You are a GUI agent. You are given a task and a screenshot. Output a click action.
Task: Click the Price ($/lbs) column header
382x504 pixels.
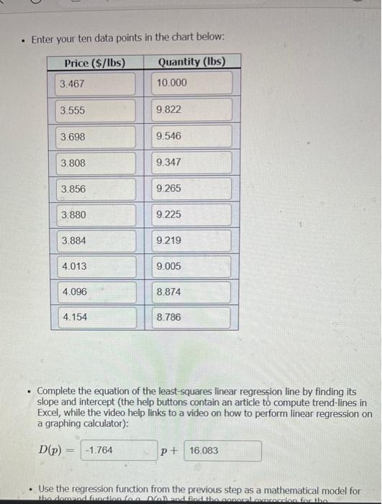[x=95, y=63]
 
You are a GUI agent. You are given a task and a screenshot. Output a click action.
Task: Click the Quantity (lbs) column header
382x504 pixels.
[x=191, y=62]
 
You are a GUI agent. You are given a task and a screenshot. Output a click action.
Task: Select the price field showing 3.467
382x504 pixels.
[x=96, y=84]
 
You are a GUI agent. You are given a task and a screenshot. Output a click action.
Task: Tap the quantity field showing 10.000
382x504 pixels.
[x=192, y=83]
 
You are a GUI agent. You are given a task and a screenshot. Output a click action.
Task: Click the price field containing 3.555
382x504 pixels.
[x=96, y=110]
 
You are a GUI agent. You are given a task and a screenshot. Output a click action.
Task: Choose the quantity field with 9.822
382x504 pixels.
[x=192, y=109]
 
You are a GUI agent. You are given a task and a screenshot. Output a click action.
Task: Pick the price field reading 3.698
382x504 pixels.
[x=96, y=137]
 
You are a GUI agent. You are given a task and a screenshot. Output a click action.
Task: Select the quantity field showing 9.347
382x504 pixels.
[x=192, y=163]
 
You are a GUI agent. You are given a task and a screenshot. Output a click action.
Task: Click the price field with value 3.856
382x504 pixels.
[x=96, y=189]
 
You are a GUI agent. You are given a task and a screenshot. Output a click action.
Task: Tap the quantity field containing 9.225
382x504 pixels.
[x=192, y=215]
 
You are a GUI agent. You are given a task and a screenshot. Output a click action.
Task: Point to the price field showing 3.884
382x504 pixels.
[x=96, y=240]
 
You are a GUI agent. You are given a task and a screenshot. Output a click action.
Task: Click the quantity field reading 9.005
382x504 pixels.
[x=192, y=266]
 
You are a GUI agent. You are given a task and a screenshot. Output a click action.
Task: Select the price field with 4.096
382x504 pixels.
[x=96, y=292]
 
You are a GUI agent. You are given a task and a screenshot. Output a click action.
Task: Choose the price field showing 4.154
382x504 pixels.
[x=96, y=318]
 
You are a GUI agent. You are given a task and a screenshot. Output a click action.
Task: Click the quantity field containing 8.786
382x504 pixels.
[x=192, y=317]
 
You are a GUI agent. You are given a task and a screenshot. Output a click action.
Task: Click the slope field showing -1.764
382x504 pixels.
[x=118, y=451]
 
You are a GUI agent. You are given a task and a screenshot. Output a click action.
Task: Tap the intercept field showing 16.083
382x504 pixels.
[x=222, y=451]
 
